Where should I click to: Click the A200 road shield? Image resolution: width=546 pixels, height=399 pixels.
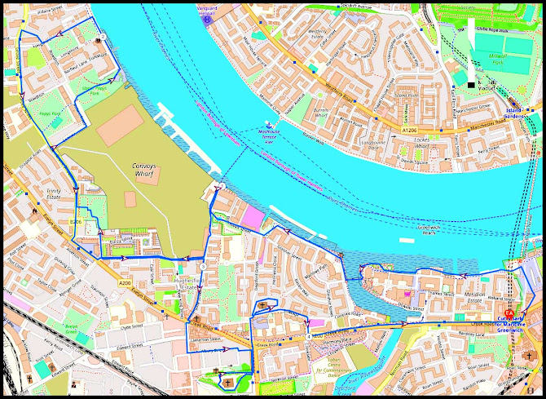(124, 282)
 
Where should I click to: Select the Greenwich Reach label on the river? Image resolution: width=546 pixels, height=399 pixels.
(429, 230)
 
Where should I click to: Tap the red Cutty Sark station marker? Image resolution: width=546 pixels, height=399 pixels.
(509, 313)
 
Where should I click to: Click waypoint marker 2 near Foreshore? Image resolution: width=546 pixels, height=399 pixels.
(218, 187)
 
